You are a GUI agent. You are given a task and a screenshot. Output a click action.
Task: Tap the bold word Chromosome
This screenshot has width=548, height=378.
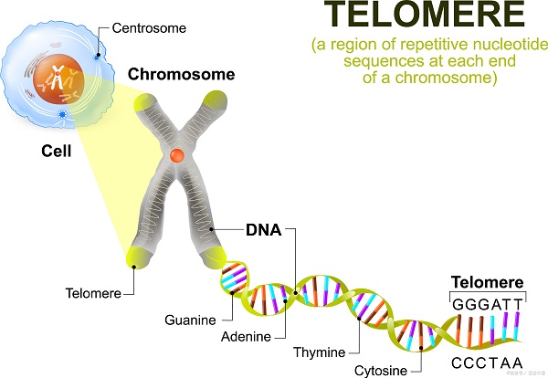point(180,74)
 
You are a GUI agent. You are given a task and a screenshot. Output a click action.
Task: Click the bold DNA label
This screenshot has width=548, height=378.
point(262,229)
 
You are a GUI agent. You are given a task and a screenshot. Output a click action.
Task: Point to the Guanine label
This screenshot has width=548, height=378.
point(190,320)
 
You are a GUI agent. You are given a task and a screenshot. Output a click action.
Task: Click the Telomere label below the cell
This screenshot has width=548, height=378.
point(92,293)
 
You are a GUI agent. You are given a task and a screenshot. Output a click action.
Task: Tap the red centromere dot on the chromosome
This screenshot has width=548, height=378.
point(179,156)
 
